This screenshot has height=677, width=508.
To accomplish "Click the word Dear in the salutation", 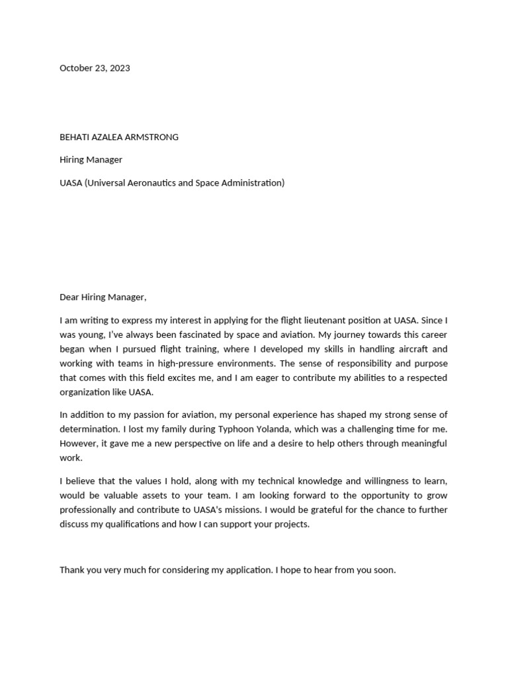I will pyautogui.click(x=69, y=298).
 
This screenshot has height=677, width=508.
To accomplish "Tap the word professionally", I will pyautogui.click(x=89, y=510).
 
